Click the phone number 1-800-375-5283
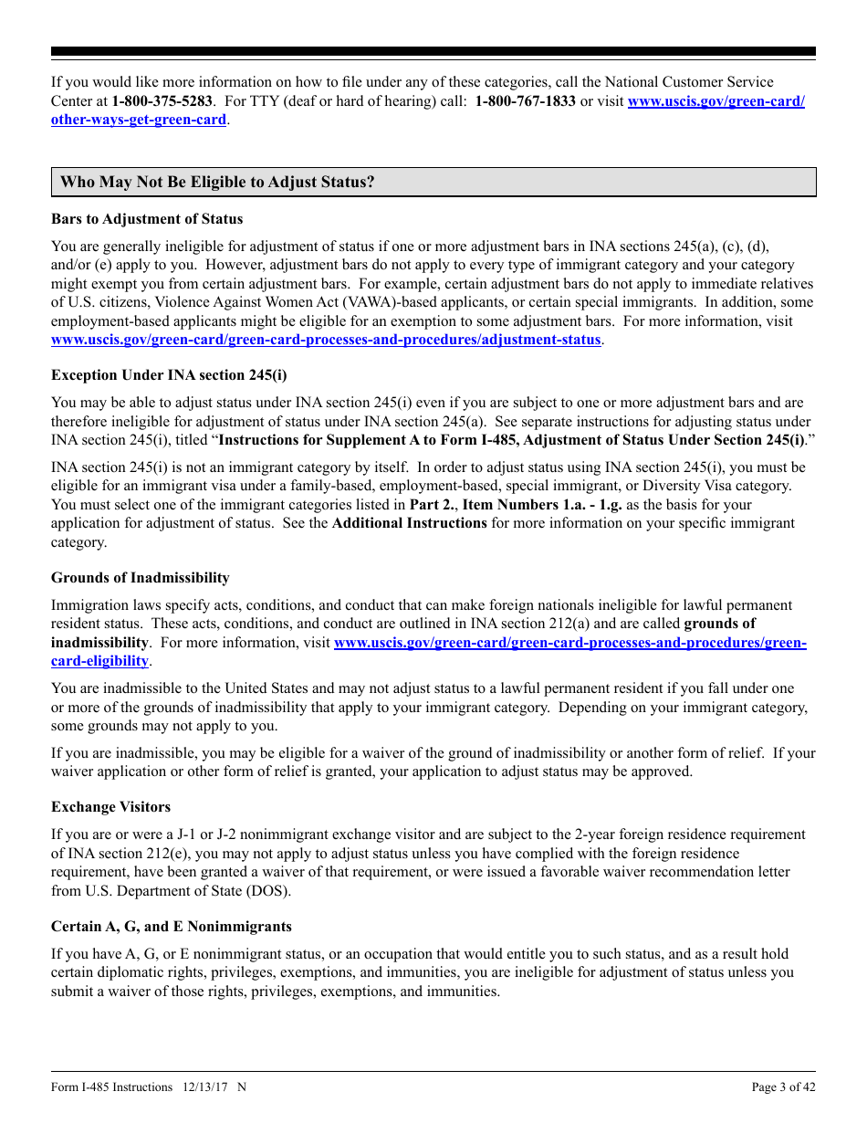coord(162,101)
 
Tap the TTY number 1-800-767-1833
coord(525,101)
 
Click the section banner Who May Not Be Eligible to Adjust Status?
coord(217,182)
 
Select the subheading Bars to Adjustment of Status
coord(147,219)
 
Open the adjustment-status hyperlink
coord(326,340)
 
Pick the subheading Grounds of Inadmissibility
coord(140,578)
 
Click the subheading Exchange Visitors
coord(110,807)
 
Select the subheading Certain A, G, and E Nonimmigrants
coord(172,927)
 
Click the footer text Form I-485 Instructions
coord(111,1087)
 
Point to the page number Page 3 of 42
coord(783,1087)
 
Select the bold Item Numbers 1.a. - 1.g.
coord(541,505)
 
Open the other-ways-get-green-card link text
coord(138,120)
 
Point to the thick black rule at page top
coord(433,52)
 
